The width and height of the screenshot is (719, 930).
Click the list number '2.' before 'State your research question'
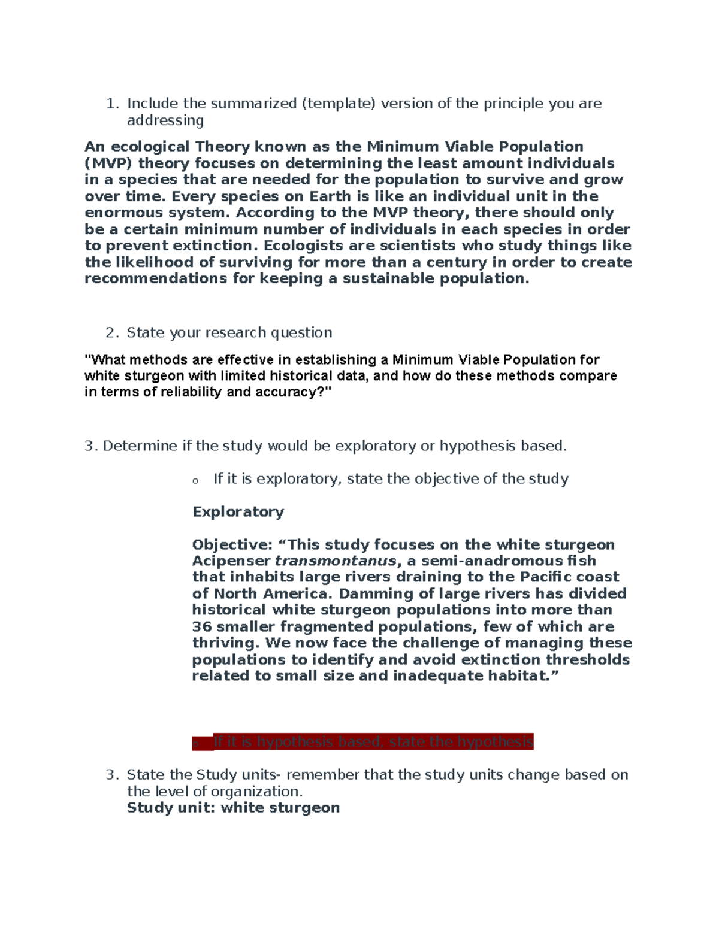tap(112, 332)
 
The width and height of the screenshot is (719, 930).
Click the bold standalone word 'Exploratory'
tap(238, 512)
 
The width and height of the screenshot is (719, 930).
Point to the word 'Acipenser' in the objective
tap(231, 561)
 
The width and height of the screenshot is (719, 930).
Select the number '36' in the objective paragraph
tap(202, 627)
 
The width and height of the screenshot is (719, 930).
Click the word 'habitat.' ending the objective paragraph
tap(522, 676)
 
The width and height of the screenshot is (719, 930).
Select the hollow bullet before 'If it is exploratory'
tap(195, 480)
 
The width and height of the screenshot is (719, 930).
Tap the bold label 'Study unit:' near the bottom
tap(171, 808)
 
